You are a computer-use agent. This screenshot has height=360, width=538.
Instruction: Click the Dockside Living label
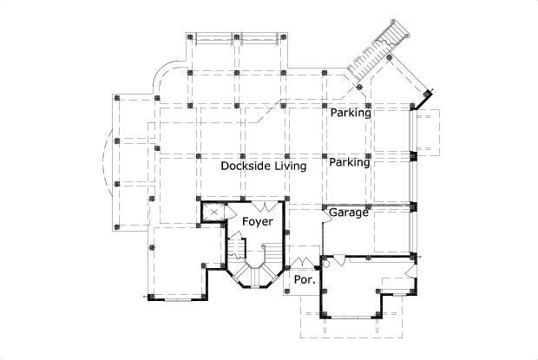(263, 166)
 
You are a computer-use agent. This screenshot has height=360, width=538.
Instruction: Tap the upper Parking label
(350, 113)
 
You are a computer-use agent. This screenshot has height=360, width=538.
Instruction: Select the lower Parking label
(350, 162)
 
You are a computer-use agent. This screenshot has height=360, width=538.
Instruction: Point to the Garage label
(349, 212)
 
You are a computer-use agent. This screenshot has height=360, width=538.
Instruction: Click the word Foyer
(257, 222)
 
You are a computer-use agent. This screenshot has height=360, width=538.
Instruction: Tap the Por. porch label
(303, 279)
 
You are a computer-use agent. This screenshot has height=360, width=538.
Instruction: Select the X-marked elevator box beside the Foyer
(213, 213)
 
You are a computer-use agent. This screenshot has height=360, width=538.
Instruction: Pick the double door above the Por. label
(304, 261)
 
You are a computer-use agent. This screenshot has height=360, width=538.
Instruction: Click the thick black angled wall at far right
(424, 101)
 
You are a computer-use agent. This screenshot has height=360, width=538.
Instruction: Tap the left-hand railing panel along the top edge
(213, 37)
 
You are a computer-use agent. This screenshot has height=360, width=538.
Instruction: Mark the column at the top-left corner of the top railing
(191, 37)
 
